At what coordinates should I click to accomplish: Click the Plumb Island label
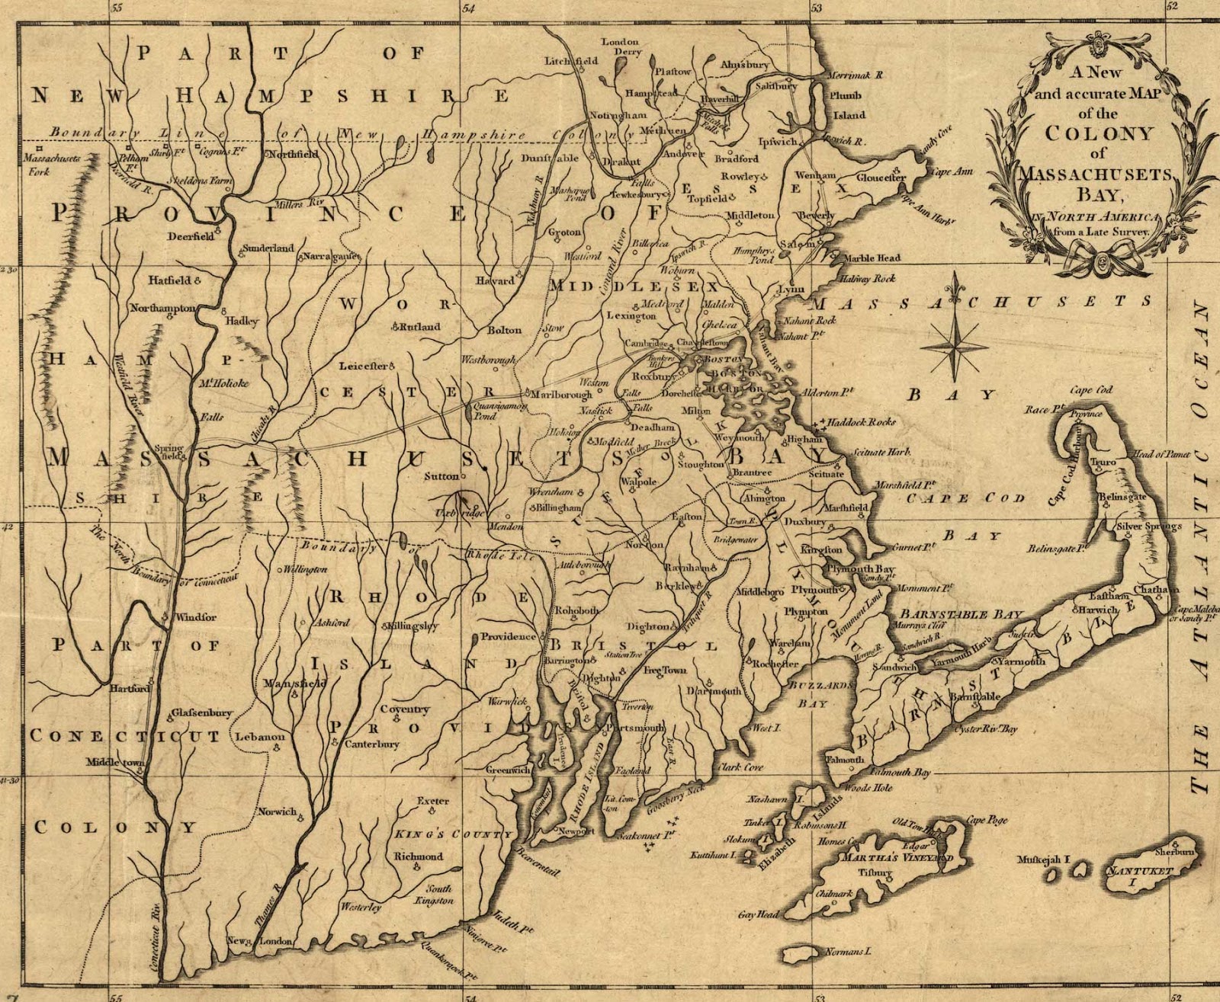tap(848, 105)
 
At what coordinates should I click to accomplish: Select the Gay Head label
tap(758, 914)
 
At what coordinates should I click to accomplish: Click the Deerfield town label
tap(191, 236)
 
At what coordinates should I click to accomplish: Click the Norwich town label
tap(277, 812)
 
